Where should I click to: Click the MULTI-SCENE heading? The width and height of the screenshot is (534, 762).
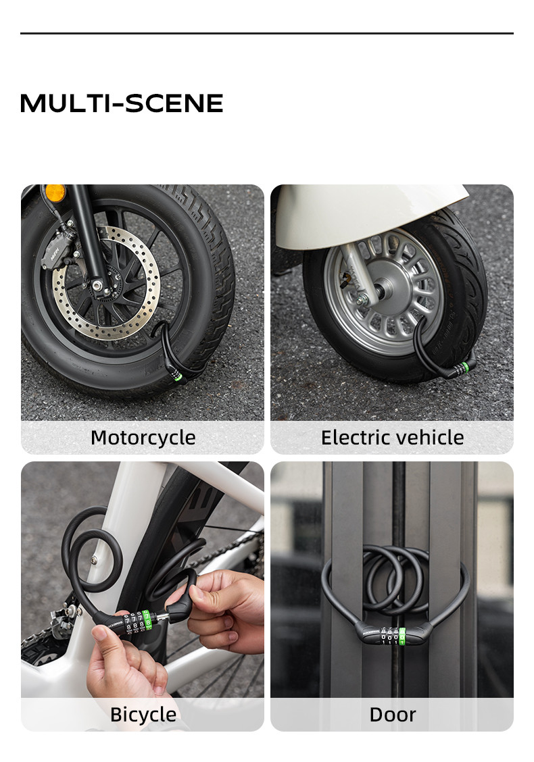[x=122, y=103]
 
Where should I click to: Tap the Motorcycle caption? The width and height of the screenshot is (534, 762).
[x=143, y=438]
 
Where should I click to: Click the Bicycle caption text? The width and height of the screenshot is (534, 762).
[x=143, y=714]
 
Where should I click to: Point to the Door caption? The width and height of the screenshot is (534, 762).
[x=392, y=714]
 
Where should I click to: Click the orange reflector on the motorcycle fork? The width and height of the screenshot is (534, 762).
[x=55, y=193]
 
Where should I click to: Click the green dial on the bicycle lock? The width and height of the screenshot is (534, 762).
[x=147, y=619]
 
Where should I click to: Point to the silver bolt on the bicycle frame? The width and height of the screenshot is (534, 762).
[x=93, y=559]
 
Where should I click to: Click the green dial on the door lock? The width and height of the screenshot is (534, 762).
[x=402, y=636]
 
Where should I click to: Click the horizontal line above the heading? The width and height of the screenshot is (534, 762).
[x=266, y=33]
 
